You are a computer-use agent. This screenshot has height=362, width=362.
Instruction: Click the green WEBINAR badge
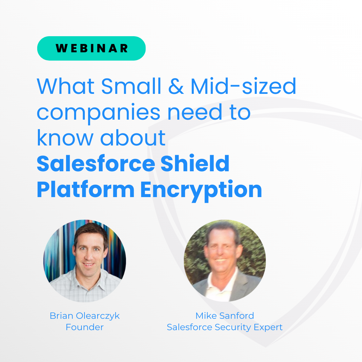coord(91,48)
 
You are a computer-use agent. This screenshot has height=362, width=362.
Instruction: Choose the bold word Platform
coord(85,190)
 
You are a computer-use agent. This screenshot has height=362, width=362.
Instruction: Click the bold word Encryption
coord(201,190)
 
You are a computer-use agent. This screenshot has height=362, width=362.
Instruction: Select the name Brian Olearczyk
coord(84,316)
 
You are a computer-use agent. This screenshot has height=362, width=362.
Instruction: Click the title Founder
coord(84,327)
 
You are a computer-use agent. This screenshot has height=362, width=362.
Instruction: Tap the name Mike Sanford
coord(225,316)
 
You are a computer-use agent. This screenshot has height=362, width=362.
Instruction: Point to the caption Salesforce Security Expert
coord(225,327)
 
